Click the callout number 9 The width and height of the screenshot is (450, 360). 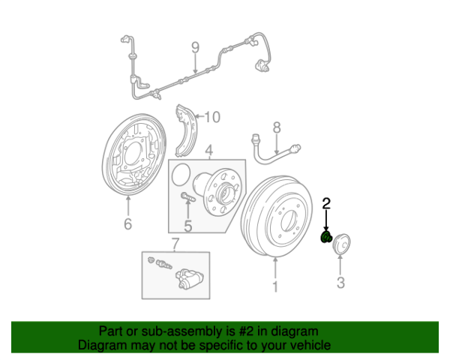tap(195, 48)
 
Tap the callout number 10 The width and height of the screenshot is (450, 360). tap(212, 117)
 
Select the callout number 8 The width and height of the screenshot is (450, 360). tap(277, 127)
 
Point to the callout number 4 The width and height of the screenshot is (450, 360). tap(209, 151)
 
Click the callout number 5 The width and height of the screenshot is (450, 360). tap(188, 226)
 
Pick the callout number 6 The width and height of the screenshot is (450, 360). tap(128, 223)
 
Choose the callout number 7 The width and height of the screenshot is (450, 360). tap(175, 244)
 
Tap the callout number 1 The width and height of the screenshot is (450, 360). tap(275, 286)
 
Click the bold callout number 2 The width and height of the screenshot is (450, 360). tap(326, 203)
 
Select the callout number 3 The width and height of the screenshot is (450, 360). tap(340, 283)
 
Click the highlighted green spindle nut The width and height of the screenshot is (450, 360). tap(326, 238)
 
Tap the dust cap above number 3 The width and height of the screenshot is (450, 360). tap(341, 244)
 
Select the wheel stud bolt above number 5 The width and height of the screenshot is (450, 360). tap(188, 197)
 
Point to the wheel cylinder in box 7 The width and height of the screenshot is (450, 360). tap(190, 278)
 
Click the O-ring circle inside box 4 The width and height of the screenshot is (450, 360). tap(181, 174)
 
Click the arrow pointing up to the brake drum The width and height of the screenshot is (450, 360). tap(275, 268)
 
